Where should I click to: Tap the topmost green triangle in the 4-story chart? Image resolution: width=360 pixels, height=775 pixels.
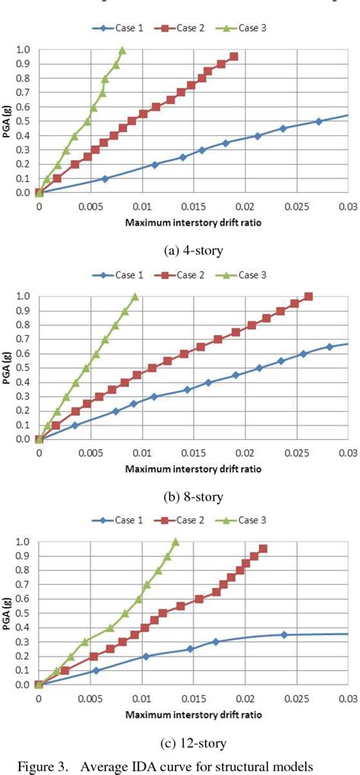tap(122, 50)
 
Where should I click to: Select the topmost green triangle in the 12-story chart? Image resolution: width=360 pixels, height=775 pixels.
tap(175, 542)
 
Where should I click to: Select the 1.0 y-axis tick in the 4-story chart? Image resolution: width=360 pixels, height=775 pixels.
tap(23, 50)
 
